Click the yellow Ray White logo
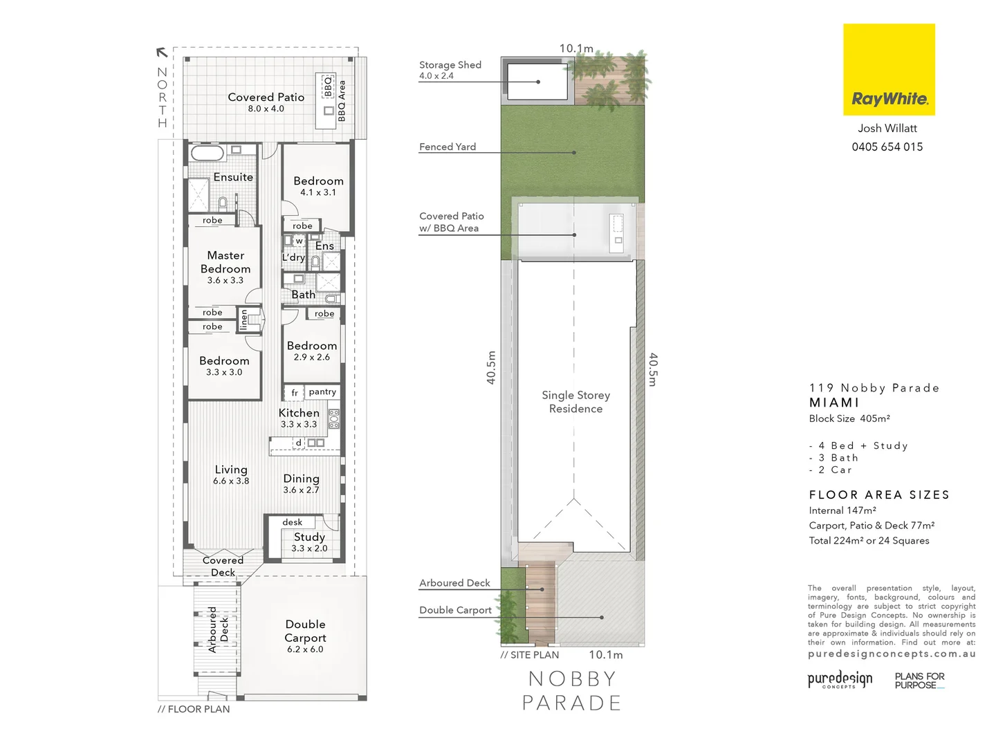[x=889, y=69]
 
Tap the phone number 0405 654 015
[x=887, y=147]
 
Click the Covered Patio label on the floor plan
[x=266, y=102]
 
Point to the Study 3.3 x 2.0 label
[x=309, y=542]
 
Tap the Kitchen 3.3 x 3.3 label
[x=299, y=418]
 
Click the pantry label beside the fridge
[x=322, y=391]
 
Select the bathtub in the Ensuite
[x=207, y=152]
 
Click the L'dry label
[x=293, y=257]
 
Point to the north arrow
[x=162, y=52]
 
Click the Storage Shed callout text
[x=450, y=69]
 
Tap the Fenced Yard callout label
[x=448, y=147]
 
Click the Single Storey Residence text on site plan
[x=575, y=401]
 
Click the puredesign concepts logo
[x=840, y=679]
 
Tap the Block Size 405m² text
[x=849, y=418]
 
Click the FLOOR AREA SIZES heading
[x=879, y=495]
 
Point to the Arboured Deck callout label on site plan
[x=454, y=583]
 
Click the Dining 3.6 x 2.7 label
[x=301, y=483]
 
